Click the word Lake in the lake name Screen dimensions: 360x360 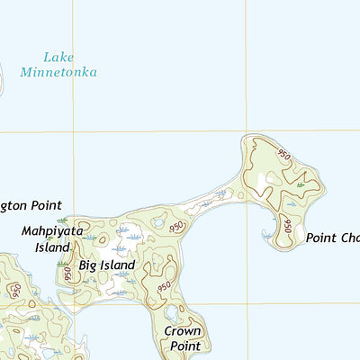click(x=59, y=57)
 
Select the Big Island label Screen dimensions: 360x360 click(x=106, y=265)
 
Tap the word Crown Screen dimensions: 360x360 click(x=182, y=330)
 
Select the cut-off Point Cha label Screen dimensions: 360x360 click(x=332, y=238)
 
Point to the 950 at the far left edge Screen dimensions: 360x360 click(x=15, y=291)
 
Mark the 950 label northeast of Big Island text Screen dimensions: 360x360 click(x=177, y=226)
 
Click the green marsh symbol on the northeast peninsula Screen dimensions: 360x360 click(x=301, y=186)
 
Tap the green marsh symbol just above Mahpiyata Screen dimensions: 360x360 click(x=61, y=219)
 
